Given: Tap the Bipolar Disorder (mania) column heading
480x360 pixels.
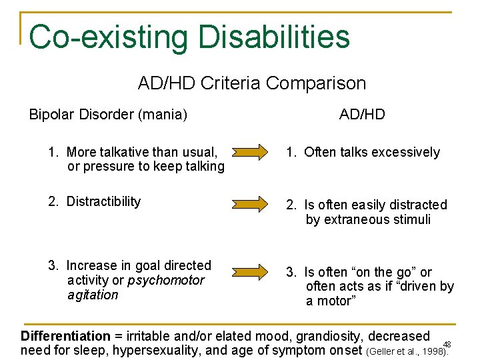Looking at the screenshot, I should click(108, 115).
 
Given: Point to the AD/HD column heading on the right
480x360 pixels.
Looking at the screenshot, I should click(362, 115).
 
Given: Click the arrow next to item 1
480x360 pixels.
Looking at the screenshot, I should click(256, 153).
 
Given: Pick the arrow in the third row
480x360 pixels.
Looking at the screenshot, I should click(256, 271).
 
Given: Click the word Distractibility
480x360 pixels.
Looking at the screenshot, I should click(103, 201).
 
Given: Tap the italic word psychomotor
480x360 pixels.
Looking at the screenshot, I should click(166, 280).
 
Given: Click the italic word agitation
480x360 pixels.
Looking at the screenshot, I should click(93, 295).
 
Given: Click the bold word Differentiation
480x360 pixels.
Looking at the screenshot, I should click(65, 336).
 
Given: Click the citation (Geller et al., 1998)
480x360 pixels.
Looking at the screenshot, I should click(405, 351).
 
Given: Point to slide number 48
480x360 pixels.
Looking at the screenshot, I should click(447, 344).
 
